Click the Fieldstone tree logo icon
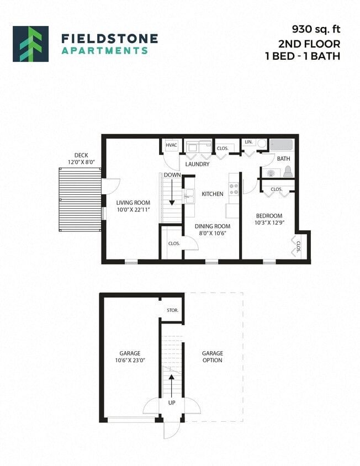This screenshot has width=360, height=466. tap(30, 44)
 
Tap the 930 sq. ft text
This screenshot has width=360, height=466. tap(316, 29)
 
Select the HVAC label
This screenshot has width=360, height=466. tap(171, 146)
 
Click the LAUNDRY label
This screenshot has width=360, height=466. tap(197, 164)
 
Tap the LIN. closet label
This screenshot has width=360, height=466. tap(248, 142)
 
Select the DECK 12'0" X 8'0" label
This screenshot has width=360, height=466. tap(81, 159)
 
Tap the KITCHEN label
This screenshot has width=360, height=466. tap(212, 194)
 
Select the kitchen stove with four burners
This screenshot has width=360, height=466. tap(234, 189)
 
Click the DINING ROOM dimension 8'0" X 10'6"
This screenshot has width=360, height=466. tap(212, 234)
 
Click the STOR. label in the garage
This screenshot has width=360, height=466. tap(172, 310)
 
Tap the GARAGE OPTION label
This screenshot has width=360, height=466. tap(212, 357)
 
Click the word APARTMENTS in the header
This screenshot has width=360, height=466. tap(104, 50)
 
